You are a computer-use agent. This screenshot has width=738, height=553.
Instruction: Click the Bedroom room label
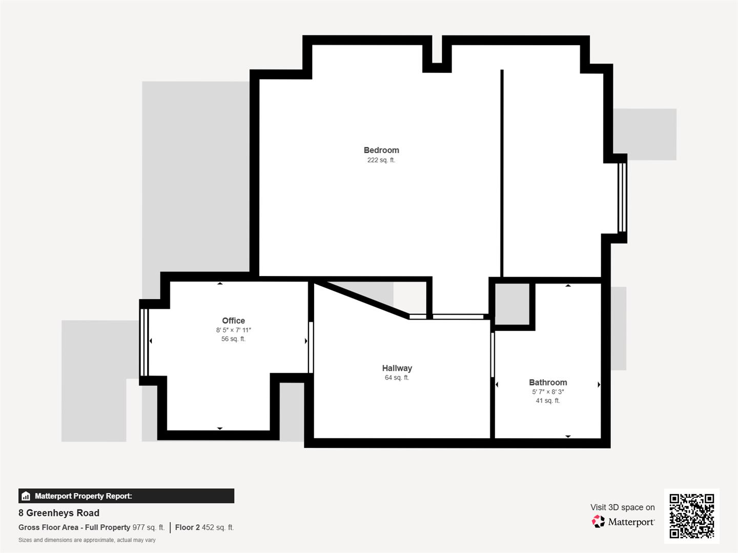[x=381, y=150]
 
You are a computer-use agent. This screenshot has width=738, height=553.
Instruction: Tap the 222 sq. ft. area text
[x=381, y=160]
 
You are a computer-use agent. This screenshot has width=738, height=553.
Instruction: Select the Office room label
[x=233, y=321]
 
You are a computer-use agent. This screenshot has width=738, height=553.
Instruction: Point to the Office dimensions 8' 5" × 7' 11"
[x=233, y=330]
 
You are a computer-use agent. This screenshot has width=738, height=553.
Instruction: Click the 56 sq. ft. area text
[x=233, y=339]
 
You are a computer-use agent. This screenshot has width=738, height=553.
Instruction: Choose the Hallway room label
[x=397, y=368]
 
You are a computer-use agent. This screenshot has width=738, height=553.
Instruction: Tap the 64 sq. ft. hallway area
[x=397, y=378]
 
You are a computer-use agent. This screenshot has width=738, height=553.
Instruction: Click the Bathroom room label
[x=548, y=382]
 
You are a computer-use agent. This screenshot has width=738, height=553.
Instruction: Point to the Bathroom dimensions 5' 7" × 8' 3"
[x=548, y=392]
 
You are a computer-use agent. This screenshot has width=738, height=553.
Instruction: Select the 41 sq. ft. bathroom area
[x=548, y=401]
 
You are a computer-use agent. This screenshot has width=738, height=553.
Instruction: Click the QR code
[x=691, y=516]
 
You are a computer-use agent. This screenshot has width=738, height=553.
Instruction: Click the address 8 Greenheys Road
[x=59, y=513]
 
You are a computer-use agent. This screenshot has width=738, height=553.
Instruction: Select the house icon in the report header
[x=26, y=496]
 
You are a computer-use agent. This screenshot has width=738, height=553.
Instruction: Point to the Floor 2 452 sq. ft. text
[x=204, y=527]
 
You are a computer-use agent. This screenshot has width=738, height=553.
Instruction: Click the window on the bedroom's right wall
[x=622, y=197]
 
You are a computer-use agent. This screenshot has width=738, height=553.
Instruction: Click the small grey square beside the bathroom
[x=512, y=304]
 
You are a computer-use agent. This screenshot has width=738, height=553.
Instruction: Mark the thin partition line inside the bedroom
[x=502, y=174]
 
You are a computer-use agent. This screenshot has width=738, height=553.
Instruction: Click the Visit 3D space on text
[x=622, y=507]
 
